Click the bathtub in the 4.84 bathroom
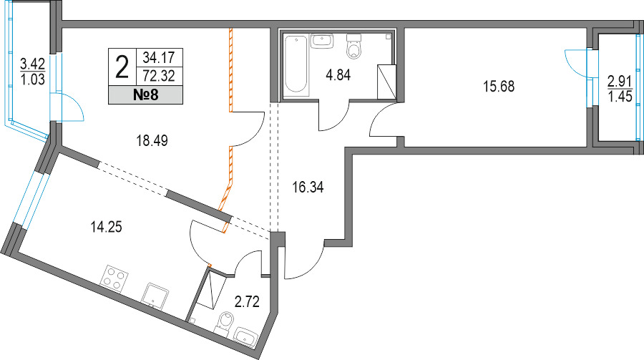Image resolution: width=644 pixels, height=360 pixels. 296,65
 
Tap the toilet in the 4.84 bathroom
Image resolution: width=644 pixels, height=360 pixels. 353,47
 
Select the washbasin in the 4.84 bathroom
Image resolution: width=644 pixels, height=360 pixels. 323,41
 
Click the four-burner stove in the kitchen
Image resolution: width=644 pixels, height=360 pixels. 114,279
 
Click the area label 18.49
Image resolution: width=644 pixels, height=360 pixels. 152,141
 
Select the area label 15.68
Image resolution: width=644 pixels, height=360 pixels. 499,87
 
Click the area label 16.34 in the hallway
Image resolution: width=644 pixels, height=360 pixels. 308,188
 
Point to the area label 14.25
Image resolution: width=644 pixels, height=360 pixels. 107,226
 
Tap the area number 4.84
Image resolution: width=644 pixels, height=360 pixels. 338,76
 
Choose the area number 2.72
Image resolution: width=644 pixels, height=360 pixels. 247,302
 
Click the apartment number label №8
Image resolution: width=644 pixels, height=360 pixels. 146,95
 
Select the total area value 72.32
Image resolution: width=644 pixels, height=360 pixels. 159,76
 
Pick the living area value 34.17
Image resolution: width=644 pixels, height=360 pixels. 159,57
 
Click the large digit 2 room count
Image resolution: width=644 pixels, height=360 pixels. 122,67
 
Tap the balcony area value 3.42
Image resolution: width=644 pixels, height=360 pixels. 32,64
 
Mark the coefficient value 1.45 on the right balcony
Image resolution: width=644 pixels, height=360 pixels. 620,97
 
